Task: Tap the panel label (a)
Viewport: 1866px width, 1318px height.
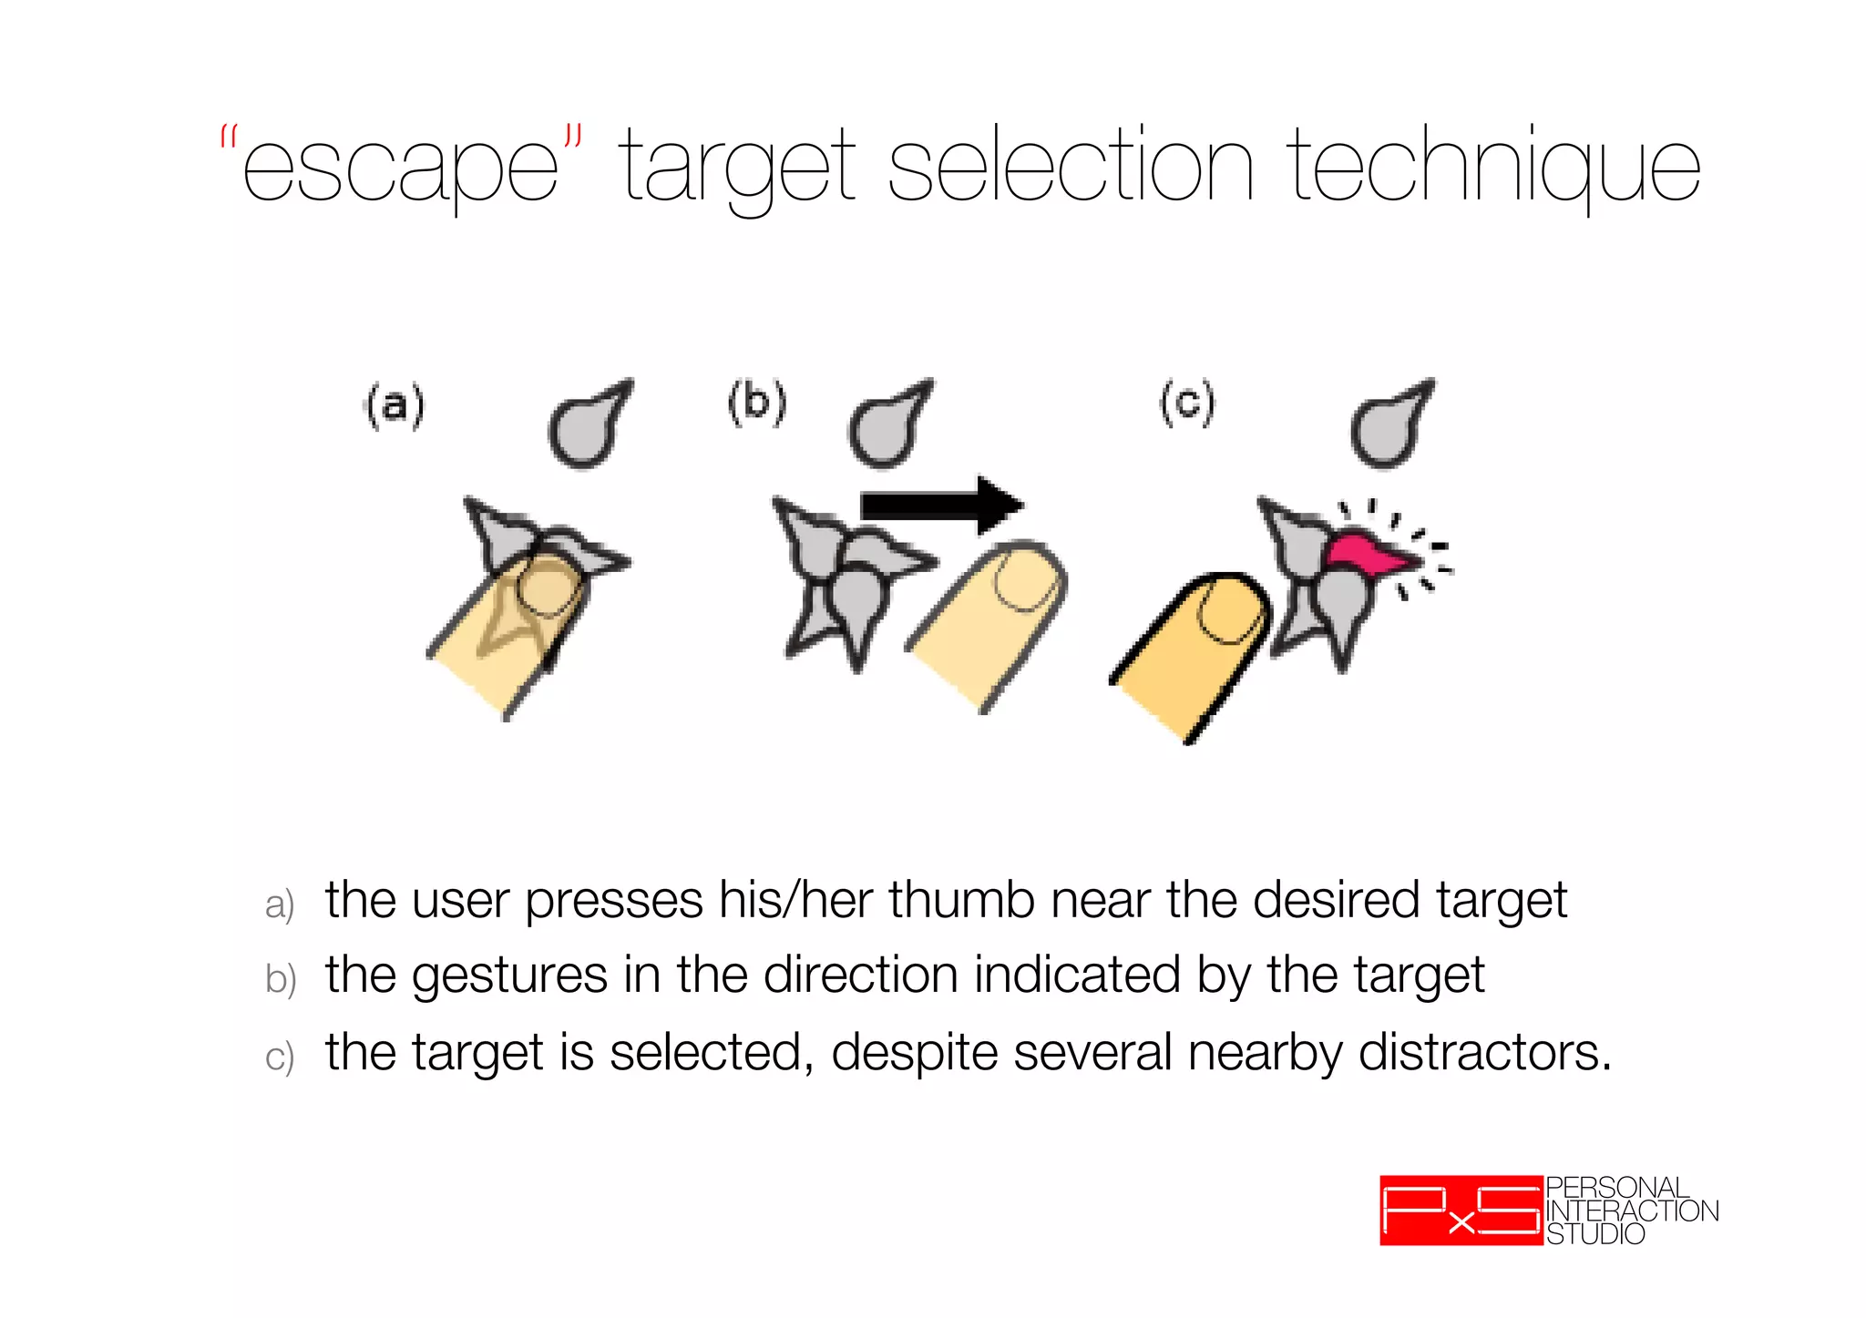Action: point(395,404)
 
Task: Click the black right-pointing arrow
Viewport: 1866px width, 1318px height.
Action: point(942,505)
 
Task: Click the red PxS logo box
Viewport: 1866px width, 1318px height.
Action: point(1461,1211)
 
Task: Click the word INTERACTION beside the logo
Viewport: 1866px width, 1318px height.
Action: point(1632,1211)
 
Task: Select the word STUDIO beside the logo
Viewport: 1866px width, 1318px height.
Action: point(1595,1234)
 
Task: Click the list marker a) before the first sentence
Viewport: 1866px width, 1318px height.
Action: point(280,904)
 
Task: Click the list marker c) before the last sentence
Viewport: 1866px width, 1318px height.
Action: point(280,1057)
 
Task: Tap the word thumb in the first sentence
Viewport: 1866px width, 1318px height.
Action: point(961,900)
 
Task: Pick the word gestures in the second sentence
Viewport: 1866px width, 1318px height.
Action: point(509,976)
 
